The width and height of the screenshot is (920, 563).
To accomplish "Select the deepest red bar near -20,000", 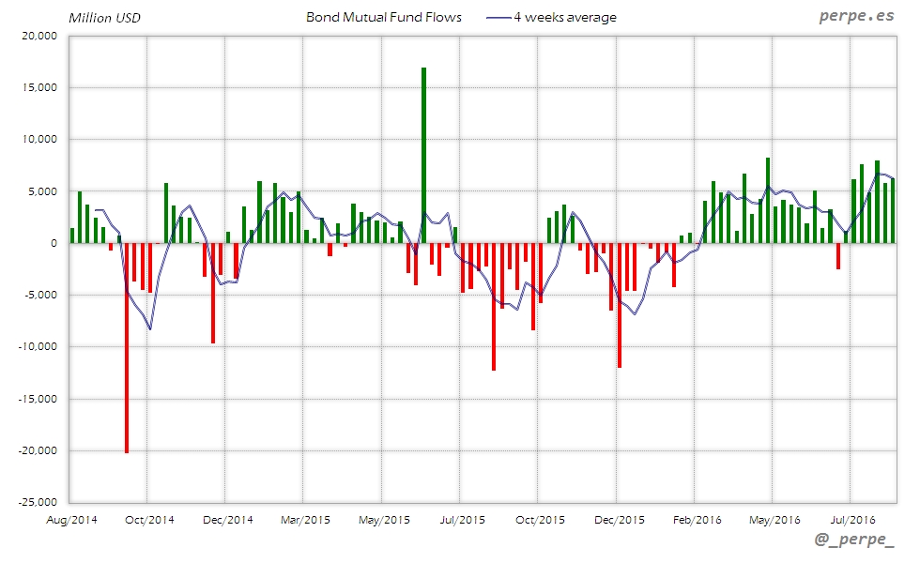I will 127,347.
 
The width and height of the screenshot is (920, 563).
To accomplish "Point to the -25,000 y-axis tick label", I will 38,502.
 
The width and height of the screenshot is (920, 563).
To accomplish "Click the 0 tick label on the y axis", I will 54,243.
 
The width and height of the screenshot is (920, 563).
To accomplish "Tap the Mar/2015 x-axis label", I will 303,519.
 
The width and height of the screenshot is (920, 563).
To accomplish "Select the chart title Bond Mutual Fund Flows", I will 384,17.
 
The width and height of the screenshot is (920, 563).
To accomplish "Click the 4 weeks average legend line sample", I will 498,17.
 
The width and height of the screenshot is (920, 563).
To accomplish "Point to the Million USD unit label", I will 104,17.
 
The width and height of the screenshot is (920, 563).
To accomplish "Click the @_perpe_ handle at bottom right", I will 855,540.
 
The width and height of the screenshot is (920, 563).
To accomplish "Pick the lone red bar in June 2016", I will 838,256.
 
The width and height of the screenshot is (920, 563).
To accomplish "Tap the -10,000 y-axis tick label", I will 38,346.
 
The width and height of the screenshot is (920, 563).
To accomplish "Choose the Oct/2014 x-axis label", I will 148,519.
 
